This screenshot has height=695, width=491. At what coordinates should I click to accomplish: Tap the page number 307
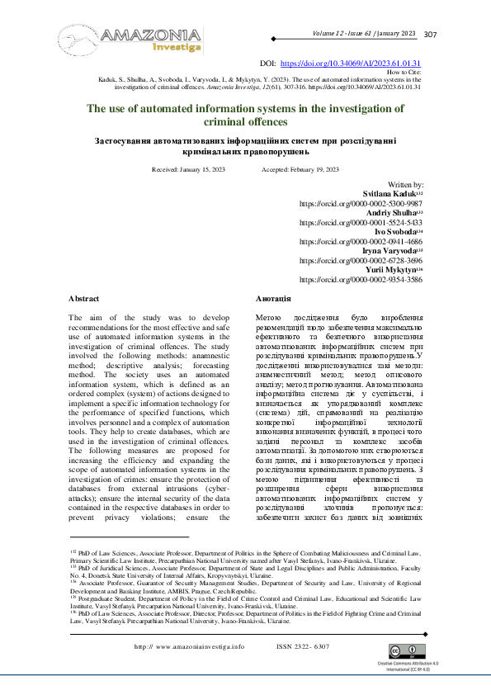pos(430,34)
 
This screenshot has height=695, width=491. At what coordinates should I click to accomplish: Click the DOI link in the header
pos(351,63)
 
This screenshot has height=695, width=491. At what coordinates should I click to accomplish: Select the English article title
pos(244,114)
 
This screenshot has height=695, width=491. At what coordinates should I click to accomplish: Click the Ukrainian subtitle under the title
pos(244,146)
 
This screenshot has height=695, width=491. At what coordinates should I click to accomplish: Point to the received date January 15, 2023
pos(188,169)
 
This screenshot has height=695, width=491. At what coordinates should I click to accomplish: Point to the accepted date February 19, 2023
pos(300,169)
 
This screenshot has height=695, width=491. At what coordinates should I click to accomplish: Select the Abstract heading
pos(83,298)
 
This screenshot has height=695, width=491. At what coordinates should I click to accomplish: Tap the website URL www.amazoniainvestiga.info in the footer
pos(189,646)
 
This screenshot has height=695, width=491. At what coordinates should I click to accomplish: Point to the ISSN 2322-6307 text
pos(302,646)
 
